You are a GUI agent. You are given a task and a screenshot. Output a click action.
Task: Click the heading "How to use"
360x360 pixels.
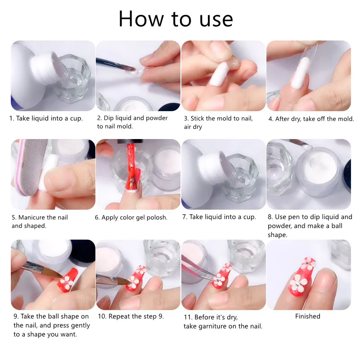coord(176,19)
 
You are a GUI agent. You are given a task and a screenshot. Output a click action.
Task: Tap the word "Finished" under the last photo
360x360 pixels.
coord(308,316)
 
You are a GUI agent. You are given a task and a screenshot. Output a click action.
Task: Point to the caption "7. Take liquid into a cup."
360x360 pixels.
coord(219,217)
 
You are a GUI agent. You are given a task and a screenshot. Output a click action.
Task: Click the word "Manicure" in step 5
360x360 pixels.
coord(31,217)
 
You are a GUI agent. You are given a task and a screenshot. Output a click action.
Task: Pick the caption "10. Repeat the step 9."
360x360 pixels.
coord(130,316)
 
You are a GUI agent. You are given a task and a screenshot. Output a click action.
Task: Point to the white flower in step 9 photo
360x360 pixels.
coord(66,282)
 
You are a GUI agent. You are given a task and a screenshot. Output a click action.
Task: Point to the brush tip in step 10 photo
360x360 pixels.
coord(121,280)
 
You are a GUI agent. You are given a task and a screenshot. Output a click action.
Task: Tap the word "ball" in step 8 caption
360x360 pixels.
coord(337,226)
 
